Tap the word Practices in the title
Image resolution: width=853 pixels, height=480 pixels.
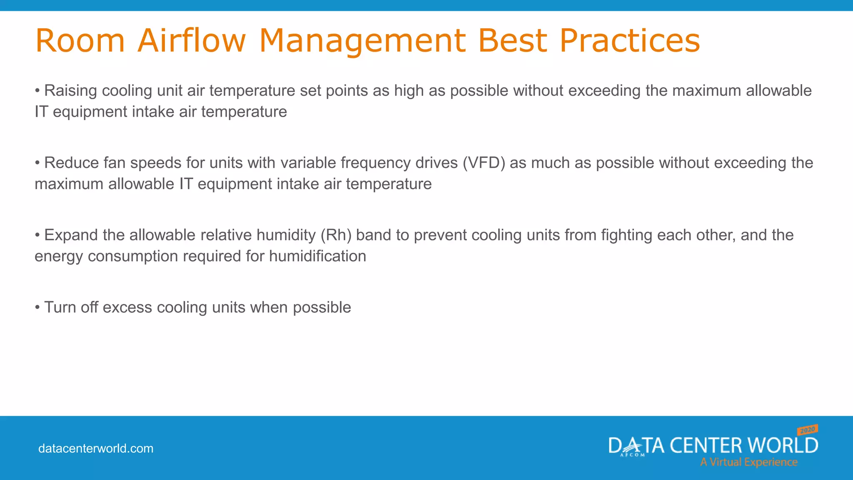tap(629, 40)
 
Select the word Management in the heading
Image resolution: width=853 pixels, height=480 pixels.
tap(362, 40)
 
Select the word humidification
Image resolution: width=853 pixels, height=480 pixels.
tap(317, 256)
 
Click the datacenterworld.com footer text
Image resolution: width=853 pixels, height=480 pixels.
tap(96, 449)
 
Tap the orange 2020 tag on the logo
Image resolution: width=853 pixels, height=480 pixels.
tap(808, 430)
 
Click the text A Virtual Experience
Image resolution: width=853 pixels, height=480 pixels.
tap(748, 462)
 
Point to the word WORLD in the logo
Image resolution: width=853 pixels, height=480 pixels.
tap(783, 445)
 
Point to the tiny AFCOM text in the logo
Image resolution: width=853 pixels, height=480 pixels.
tap(632, 455)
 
